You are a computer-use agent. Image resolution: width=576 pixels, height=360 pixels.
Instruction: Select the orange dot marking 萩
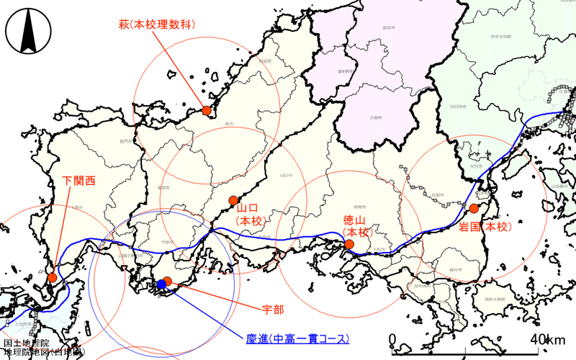[x=207, y=110]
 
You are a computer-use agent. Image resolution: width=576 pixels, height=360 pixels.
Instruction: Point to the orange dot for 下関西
[x=52, y=277]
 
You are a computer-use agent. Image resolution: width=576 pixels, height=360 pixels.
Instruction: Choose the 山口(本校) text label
[x=252, y=214]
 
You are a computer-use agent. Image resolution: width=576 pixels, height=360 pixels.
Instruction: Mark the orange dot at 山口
[x=233, y=200]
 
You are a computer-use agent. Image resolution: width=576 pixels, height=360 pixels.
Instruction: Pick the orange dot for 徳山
[x=349, y=244]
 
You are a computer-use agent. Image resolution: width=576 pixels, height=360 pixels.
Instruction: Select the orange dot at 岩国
[x=474, y=208]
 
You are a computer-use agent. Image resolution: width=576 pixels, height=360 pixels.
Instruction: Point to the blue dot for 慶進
[x=161, y=285]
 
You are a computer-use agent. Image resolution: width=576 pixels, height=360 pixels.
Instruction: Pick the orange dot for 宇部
[x=168, y=281]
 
